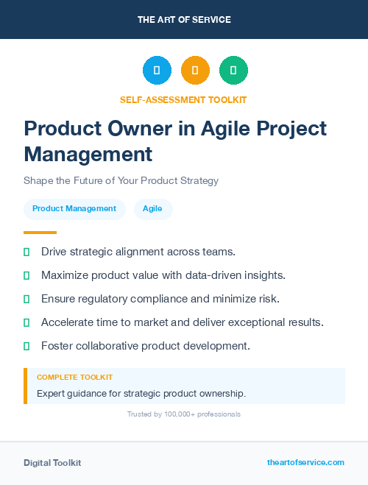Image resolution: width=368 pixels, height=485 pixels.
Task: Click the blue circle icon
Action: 157,70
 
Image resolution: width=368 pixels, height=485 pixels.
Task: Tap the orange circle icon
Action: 195,70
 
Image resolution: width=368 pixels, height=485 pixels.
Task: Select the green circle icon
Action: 233,70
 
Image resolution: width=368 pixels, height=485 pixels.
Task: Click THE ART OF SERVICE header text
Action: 184,20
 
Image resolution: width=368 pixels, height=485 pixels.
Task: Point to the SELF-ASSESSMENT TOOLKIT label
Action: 183,99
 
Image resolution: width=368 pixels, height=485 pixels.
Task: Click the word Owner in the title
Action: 144,129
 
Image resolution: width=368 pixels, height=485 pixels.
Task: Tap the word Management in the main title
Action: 88,155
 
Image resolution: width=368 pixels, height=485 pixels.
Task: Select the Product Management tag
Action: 74,208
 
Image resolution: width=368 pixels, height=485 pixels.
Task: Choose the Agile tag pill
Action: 153,208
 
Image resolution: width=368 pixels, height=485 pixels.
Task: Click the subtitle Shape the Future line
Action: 121,180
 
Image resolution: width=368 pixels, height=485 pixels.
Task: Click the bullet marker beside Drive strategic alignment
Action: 26,252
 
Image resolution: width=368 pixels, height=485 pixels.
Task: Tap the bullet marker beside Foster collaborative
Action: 26,345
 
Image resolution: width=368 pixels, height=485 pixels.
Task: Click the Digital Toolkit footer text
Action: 52,463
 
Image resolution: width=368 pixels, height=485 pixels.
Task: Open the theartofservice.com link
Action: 305,462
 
